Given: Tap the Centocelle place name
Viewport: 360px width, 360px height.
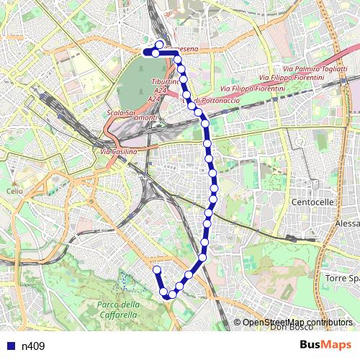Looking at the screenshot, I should point(313,202).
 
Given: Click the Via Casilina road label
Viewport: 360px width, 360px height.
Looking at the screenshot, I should point(119,152).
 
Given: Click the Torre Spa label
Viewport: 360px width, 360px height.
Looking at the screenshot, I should point(342,278).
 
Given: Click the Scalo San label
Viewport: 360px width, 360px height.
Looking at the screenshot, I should point(121,113).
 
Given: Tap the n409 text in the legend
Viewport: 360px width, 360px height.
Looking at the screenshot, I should point(32,346).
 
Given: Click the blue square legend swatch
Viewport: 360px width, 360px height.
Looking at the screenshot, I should point(9,346).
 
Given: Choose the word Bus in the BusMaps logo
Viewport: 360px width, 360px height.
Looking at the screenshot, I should point(312,345).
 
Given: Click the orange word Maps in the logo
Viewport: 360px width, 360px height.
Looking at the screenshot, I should point(338,345).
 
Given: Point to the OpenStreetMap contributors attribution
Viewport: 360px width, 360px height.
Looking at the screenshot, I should point(297,322).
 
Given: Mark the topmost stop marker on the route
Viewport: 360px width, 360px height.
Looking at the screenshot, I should point(159,45).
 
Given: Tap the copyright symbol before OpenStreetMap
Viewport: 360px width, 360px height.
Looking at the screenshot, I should point(238,322).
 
